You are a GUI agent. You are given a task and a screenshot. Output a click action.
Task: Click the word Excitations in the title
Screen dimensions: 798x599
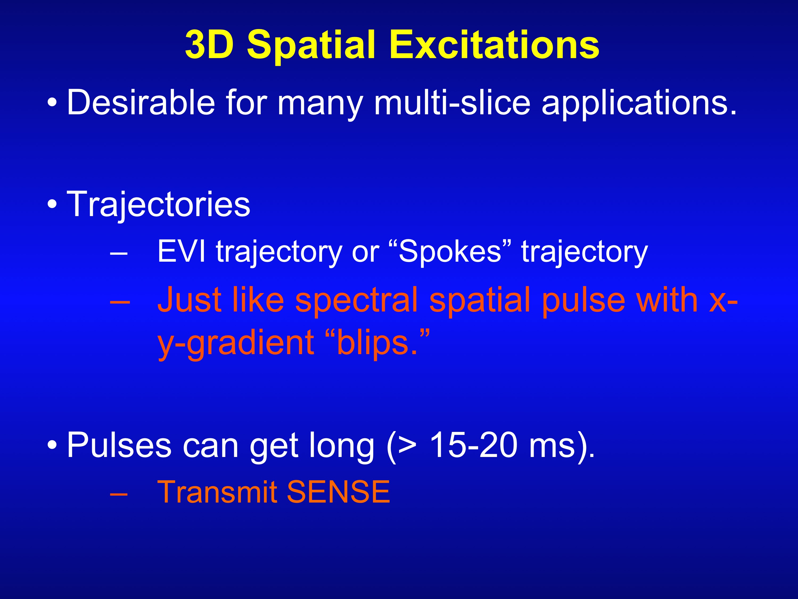point(495,45)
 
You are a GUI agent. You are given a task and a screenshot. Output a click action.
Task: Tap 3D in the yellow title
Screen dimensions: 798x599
point(209,45)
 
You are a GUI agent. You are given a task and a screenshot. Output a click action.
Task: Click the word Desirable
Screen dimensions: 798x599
point(141,103)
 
